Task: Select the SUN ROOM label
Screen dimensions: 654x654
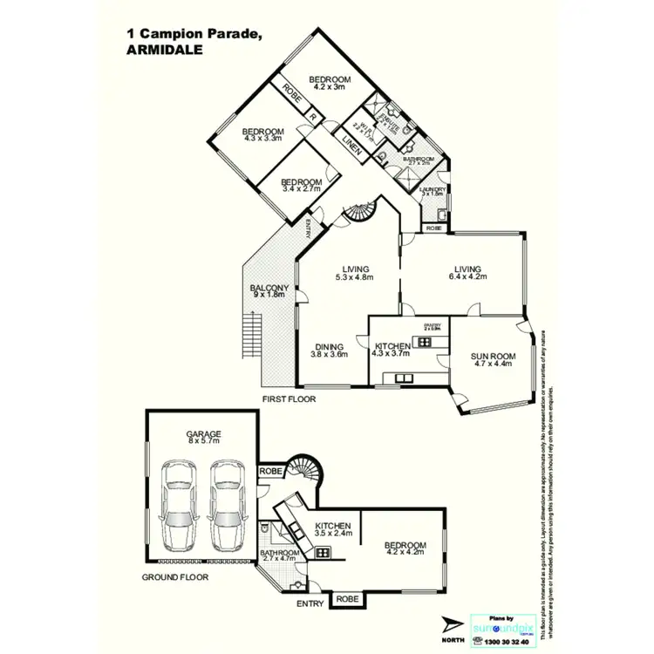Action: pos(494,360)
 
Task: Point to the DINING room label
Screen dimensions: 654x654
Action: pos(329,349)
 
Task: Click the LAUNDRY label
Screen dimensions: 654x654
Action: pos(433,192)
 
